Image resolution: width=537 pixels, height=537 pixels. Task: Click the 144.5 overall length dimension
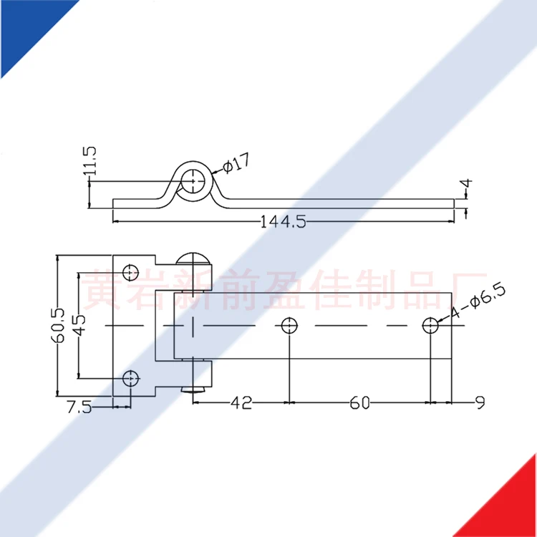pyautogui.click(x=283, y=222)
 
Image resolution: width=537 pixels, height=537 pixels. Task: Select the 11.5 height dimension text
pyautogui.click(x=89, y=161)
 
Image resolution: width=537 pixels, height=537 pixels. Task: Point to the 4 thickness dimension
pyautogui.click(x=467, y=189)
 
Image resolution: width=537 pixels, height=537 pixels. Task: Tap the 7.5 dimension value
pyautogui.click(x=79, y=407)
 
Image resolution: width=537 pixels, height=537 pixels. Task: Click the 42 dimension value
pyautogui.click(x=241, y=404)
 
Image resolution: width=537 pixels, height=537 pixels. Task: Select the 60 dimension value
pyautogui.click(x=359, y=404)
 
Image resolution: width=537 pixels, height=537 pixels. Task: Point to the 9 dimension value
pyautogui.click(x=480, y=404)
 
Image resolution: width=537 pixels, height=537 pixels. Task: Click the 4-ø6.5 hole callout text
pyautogui.click(x=478, y=301)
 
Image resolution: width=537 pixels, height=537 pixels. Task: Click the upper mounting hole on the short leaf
pyautogui.click(x=130, y=271)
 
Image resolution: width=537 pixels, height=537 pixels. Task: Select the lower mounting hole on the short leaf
pyautogui.click(x=130, y=378)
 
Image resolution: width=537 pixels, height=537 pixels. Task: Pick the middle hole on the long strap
pyautogui.click(x=289, y=325)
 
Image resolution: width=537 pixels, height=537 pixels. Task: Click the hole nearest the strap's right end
pyautogui.click(x=430, y=325)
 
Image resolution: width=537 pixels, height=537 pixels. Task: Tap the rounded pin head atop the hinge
pyautogui.click(x=193, y=259)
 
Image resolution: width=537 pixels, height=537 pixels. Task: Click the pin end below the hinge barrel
pyautogui.click(x=194, y=389)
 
